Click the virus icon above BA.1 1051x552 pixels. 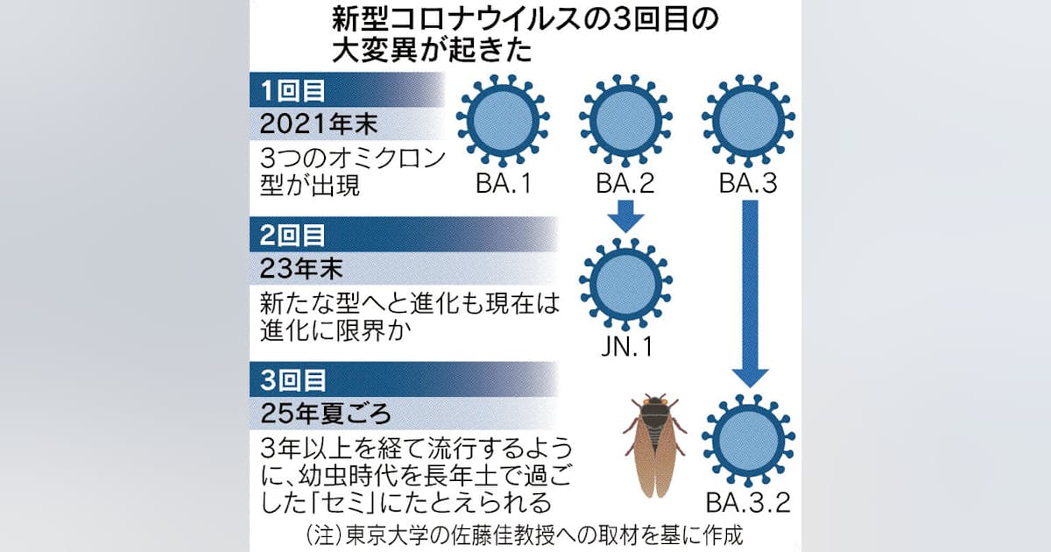point(503,120)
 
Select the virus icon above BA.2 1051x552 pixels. point(625,120)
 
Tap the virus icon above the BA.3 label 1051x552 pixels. point(748,120)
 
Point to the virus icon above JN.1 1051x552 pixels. point(625,284)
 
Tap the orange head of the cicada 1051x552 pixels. point(655,401)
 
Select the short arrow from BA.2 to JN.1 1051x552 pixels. point(625,216)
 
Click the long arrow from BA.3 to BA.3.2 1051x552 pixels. point(751,294)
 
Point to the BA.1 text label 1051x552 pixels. point(504,183)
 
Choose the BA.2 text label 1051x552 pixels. point(625,183)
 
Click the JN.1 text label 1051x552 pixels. point(627,347)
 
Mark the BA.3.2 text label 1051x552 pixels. point(748,503)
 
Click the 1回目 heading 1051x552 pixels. point(292,90)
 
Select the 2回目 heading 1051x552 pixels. point(292,235)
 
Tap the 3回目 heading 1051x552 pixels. point(293,380)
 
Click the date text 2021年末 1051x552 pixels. point(319,124)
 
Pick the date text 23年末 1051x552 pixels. point(301,270)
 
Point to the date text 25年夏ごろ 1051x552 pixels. point(326,414)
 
